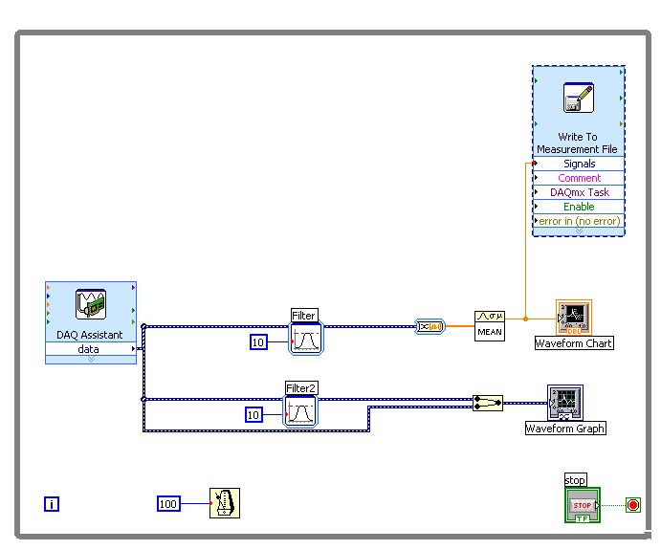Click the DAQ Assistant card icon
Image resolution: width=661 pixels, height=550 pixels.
pyautogui.click(x=91, y=304)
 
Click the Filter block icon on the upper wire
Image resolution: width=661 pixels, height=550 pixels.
pyautogui.click(x=306, y=339)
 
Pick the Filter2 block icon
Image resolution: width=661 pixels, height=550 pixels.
pyautogui.click(x=300, y=411)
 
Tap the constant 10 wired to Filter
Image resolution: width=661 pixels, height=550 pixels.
pyautogui.click(x=258, y=341)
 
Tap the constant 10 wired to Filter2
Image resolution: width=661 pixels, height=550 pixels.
pyautogui.click(x=253, y=415)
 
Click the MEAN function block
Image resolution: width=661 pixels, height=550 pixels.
pyautogui.click(x=490, y=326)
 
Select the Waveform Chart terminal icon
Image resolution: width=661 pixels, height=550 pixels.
pyautogui.click(x=574, y=318)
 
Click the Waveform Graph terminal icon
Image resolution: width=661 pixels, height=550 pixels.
pyautogui.click(x=565, y=403)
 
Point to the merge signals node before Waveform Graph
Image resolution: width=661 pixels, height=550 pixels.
pyautogui.click(x=488, y=403)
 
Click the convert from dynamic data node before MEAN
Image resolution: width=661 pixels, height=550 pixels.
pyautogui.click(x=430, y=326)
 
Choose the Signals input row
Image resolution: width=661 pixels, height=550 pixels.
pyautogui.click(x=579, y=164)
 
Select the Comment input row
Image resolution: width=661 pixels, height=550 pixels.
pyautogui.click(x=579, y=178)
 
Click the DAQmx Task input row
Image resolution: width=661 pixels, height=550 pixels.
pyautogui.click(x=579, y=192)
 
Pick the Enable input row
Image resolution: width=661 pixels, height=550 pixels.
pyautogui.click(x=579, y=207)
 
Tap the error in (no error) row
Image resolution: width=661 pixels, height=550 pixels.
pyautogui.click(x=579, y=221)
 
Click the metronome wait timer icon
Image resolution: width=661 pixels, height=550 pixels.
pyautogui.click(x=225, y=503)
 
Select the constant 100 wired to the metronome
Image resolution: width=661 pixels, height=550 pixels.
pyautogui.click(x=168, y=504)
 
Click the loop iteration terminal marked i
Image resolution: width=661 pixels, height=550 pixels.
pyautogui.click(x=52, y=504)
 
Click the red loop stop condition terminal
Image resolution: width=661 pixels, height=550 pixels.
pyautogui.click(x=632, y=505)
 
